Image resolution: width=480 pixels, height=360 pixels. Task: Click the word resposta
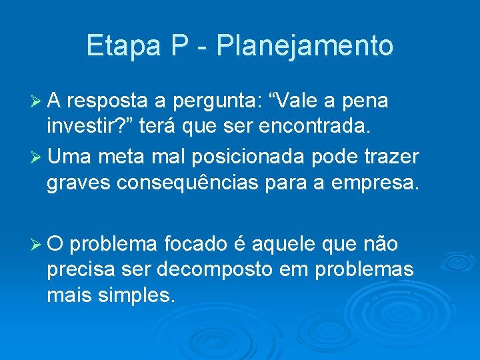tap(107, 102)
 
